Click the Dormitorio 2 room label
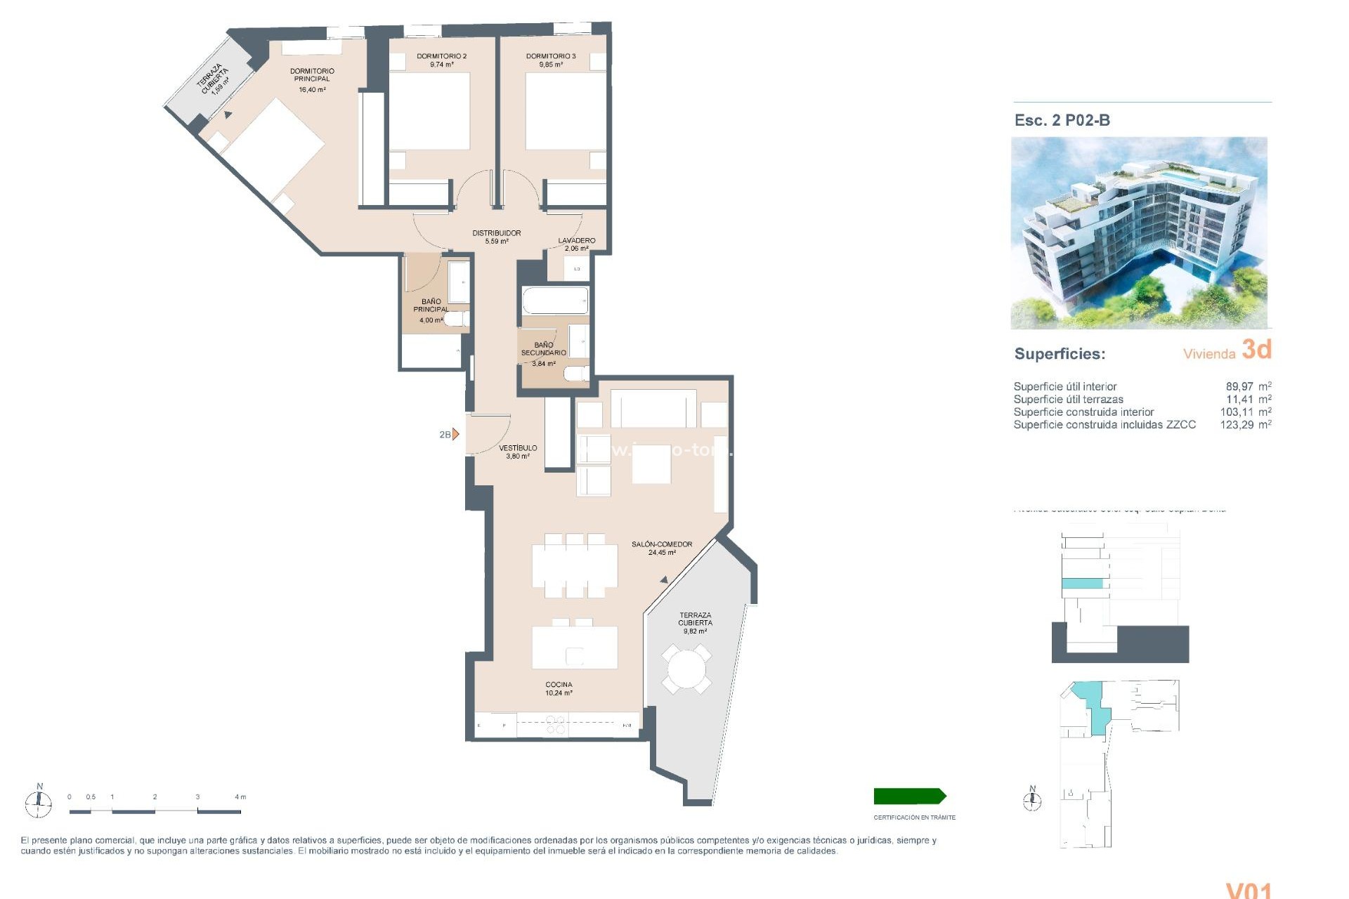441,56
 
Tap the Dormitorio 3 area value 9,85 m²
550,65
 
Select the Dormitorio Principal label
312,75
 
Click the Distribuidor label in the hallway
496,233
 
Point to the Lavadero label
576,240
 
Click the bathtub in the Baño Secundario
554,301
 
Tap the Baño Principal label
431,306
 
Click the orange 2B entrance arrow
455,434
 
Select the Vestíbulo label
518,448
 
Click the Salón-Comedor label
661,544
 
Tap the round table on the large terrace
686,669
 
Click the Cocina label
559,685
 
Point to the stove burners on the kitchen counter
555,725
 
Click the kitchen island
574,648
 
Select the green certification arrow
909,796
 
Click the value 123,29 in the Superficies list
1236,425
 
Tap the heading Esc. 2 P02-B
1062,120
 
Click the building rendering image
1138,232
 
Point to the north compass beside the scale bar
39,801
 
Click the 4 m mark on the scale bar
240,798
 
